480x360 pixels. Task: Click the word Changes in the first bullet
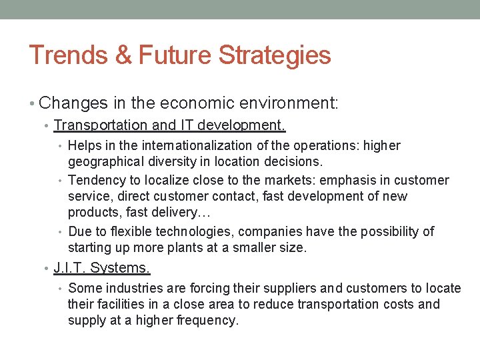click(x=73, y=103)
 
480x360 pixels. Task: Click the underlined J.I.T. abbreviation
click(x=70, y=268)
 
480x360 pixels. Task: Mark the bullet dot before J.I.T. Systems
click(x=45, y=269)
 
